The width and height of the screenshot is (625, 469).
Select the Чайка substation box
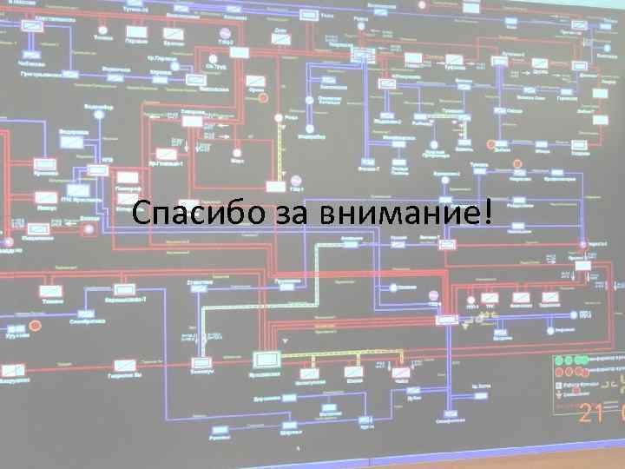point(401,372)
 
